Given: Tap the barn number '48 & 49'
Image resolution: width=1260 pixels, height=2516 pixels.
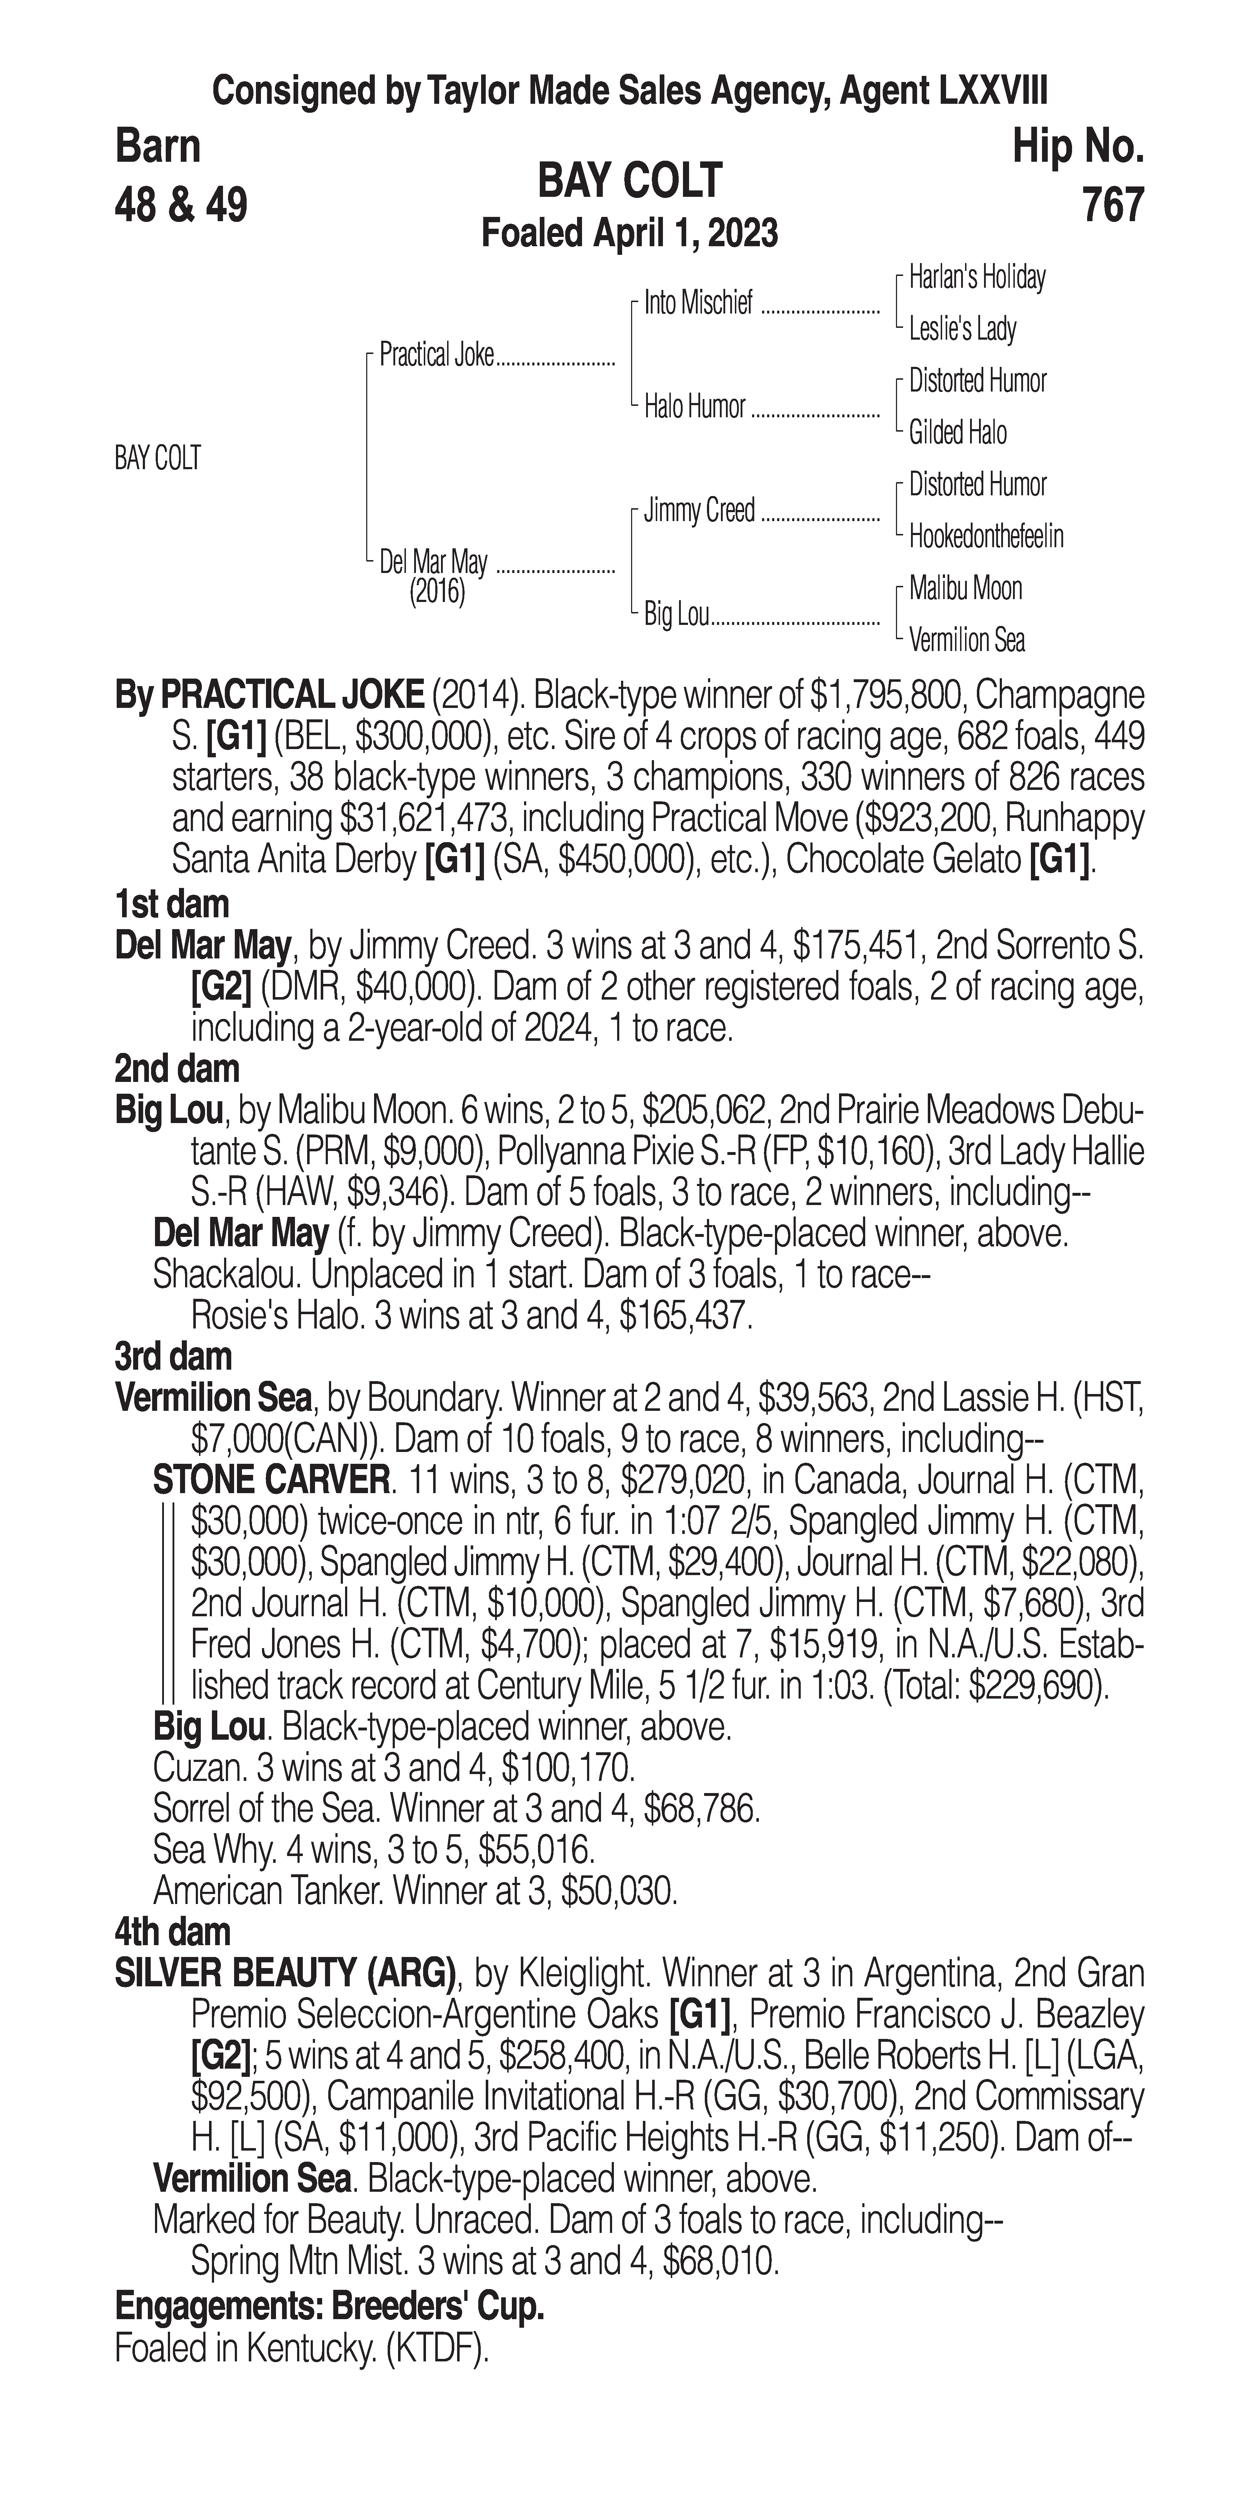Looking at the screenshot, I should click(181, 205).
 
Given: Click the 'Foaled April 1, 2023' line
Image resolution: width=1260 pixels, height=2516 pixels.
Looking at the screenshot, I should click(630, 233).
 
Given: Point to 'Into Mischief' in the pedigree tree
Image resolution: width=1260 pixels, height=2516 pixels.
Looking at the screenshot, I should click(698, 304).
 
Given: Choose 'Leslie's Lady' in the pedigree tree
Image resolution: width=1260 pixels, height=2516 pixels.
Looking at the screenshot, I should click(962, 329).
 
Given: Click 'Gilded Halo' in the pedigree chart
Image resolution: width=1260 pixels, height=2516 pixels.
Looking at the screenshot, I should click(957, 433).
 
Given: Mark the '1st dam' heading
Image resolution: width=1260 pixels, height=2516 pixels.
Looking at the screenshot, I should click(172, 904).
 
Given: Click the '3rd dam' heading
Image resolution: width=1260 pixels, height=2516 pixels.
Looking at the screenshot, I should click(174, 1357).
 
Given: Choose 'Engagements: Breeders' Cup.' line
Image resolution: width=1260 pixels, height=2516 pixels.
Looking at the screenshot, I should click(329, 2307).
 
